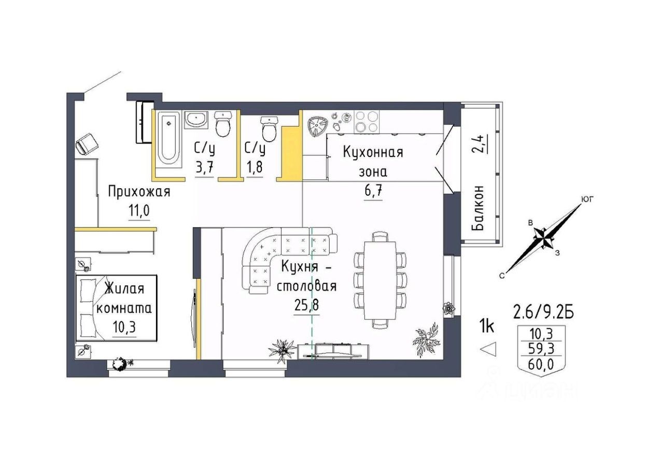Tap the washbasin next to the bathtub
click(196, 119)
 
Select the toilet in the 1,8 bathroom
click(270, 129)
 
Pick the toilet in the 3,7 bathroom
click(223, 124)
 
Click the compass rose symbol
click(544, 239)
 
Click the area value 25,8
click(306, 305)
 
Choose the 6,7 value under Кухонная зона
click(373, 191)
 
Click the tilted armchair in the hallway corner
click(87, 143)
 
